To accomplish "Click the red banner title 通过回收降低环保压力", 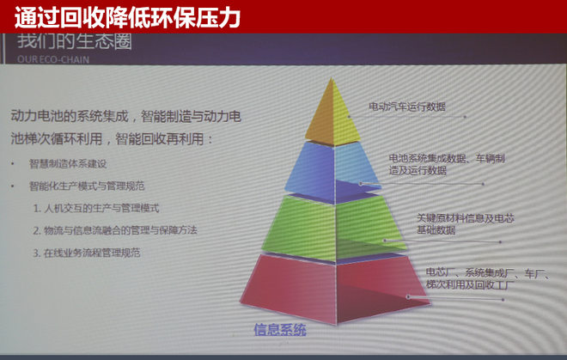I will point(127,15).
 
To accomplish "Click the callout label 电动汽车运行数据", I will point(409,107).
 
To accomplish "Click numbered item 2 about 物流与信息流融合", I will point(115,230).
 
